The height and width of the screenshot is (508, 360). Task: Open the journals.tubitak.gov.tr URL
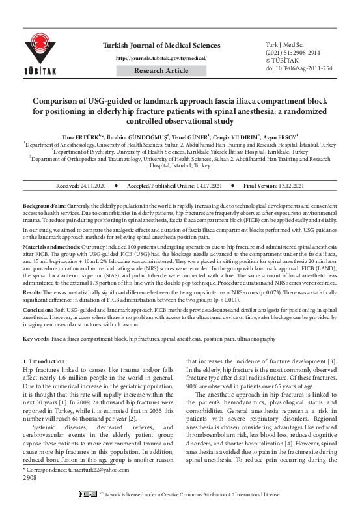(x=161, y=57)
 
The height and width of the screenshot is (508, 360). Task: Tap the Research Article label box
(x=161, y=70)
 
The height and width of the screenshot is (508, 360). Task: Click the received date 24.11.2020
(x=94, y=186)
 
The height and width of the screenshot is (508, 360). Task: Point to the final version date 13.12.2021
(x=286, y=186)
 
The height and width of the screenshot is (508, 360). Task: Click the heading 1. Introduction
(x=44, y=360)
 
